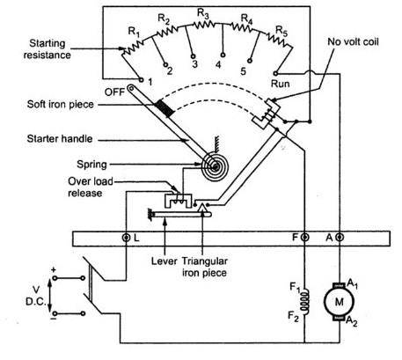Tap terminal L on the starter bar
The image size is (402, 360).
127,239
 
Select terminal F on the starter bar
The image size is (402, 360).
304,239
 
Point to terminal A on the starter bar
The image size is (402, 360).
340,239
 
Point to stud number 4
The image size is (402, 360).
218,64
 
